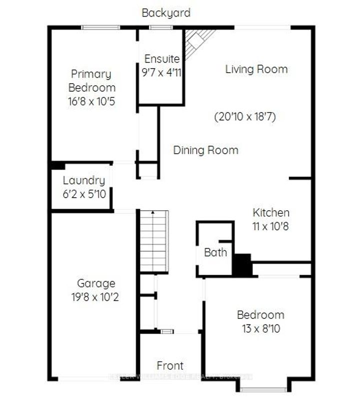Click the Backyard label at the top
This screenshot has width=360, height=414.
[166, 13]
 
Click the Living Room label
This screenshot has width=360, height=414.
[256, 69]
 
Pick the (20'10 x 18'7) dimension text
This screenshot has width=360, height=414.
[245, 117]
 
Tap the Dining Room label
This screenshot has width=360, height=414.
[205, 150]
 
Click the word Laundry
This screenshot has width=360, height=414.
[83, 181]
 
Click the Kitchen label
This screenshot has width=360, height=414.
[270, 213]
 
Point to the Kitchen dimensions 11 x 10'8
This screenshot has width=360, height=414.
[270, 226]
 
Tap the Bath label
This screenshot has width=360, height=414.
[215, 252]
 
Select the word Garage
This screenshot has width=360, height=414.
[95, 283]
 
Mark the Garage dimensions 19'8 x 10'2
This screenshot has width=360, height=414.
[95, 297]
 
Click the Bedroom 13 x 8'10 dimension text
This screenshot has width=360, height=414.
[260, 329]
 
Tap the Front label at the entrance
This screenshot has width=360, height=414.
[170, 365]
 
